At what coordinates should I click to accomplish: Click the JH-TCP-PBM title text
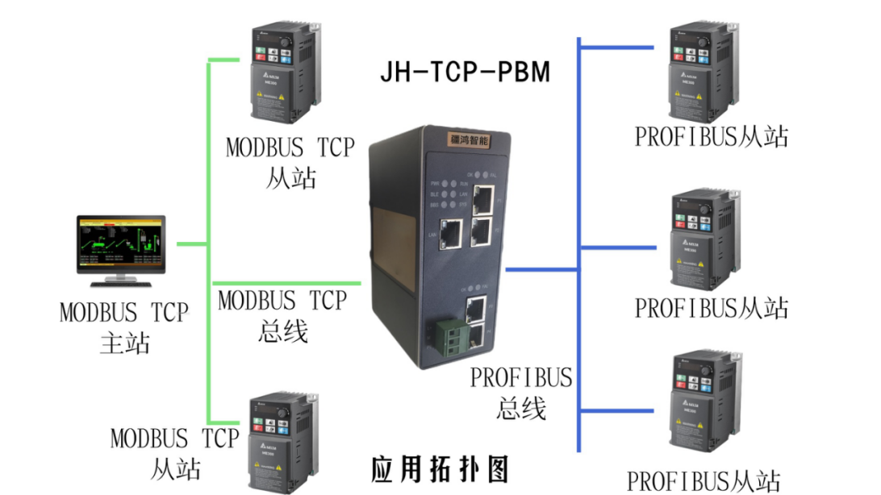click(466, 73)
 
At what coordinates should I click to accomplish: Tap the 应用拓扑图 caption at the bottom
click(440, 468)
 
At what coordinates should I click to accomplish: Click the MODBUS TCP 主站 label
click(124, 327)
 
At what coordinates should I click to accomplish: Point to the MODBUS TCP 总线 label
click(283, 315)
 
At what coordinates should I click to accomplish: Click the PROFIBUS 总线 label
click(521, 393)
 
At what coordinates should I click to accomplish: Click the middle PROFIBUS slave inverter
click(703, 239)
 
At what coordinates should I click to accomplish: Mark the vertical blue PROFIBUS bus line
click(580, 242)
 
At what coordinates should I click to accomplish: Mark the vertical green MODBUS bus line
click(210, 242)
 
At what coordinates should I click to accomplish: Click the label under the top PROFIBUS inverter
click(711, 136)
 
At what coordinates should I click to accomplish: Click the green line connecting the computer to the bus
click(192, 243)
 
